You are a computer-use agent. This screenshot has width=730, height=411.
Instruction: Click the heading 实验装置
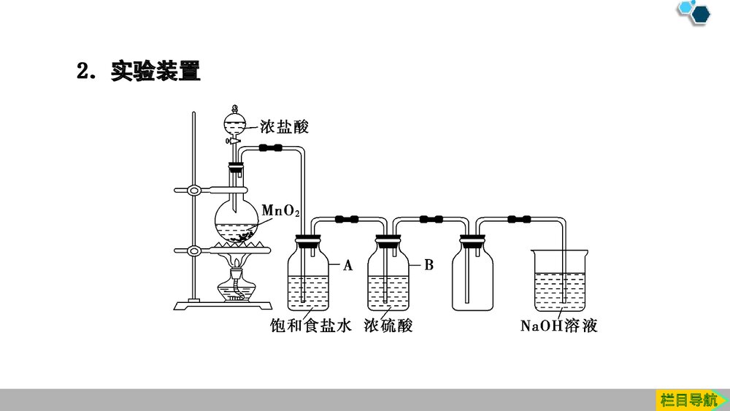(155, 72)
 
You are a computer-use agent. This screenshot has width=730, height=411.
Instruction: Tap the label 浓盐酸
(284, 127)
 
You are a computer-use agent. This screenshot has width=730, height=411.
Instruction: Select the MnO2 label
(280, 212)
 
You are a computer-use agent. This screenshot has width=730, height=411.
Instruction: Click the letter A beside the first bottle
(347, 266)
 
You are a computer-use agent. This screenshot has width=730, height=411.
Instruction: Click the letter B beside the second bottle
(429, 265)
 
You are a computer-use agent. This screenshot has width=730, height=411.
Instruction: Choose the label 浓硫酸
(388, 326)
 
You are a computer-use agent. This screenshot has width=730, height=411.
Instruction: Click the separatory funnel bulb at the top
(235, 118)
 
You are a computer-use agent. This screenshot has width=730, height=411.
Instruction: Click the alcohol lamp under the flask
(237, 285)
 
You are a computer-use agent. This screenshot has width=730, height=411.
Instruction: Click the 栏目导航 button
(688, 399)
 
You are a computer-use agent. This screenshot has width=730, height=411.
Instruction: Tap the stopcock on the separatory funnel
(234, 139)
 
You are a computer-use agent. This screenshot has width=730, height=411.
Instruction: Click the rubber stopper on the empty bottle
(472, 239)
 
